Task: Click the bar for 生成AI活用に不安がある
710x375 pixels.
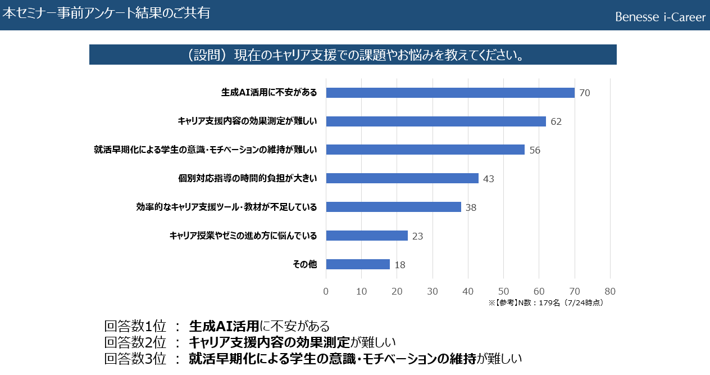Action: [450, 93]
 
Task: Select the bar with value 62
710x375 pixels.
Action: [436, 121]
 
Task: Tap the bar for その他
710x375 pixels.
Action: [358, 264]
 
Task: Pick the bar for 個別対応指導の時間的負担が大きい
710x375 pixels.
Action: [402, 178]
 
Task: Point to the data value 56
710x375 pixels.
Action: [535, 150]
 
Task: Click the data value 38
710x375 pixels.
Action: [471, 207]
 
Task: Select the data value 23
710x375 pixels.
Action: [417, 236]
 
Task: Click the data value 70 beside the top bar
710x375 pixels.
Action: [584, 93]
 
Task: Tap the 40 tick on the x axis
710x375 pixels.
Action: [468, 291]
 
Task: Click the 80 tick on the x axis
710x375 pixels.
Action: [610, 291]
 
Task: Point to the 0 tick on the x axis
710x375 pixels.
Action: [326, 291]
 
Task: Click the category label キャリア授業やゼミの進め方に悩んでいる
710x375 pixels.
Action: [243, 236]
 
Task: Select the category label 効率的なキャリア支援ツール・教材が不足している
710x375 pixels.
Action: [226, 207]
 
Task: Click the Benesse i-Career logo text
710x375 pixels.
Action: [660, 17]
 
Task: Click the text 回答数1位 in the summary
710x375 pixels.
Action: [135, 326]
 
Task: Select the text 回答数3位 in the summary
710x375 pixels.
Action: [135, 359]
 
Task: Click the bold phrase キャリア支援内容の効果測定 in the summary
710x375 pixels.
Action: [270, 342]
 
